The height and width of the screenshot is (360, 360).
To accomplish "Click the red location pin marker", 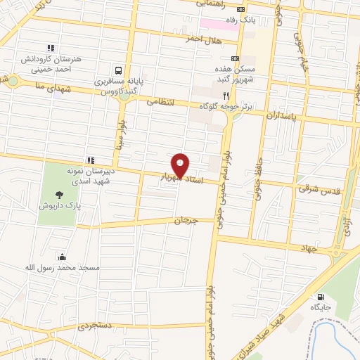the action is pos(181,165).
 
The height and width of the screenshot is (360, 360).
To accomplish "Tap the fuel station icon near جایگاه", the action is pos(321,297).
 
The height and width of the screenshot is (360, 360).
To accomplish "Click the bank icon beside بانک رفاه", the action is pos(243,10).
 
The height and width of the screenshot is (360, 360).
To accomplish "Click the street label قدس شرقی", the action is pos(314,188).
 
